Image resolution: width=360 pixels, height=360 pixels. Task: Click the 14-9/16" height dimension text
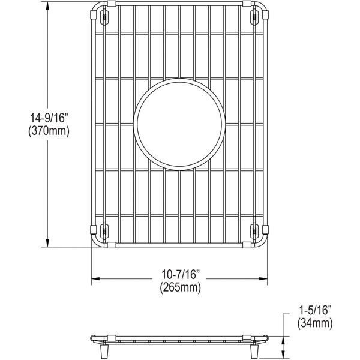[49, 118]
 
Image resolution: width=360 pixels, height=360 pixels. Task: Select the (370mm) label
[49, 131]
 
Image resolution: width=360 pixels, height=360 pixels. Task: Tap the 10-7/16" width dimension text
[181, 274]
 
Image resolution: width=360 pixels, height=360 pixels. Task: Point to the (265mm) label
[181, 287]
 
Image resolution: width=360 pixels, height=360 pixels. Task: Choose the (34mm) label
[315, 323]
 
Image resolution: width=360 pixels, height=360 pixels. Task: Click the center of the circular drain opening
[179, 124]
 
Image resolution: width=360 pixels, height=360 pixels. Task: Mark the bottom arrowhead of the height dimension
[47, 243]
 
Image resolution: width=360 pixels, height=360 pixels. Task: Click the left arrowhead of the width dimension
[95, 279]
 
